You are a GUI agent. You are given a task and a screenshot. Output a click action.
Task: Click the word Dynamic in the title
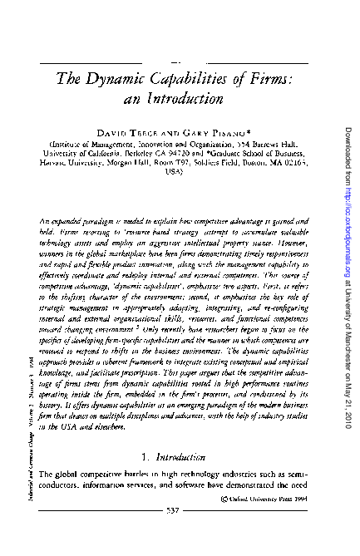113,78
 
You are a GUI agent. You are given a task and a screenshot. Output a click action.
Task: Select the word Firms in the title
269,78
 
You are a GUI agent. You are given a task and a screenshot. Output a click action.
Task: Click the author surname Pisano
226,132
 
